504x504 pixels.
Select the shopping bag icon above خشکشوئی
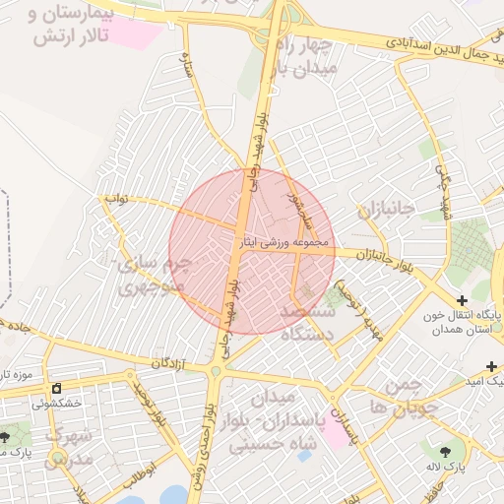tap(56, 388)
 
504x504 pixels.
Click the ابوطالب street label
tap(138, 471)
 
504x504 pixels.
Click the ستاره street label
tap(184, 66)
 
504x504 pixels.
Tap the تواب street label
tap(118, 198)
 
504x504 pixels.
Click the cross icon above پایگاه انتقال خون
tap(462, 299)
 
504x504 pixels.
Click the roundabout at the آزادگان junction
tap(215, 371)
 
